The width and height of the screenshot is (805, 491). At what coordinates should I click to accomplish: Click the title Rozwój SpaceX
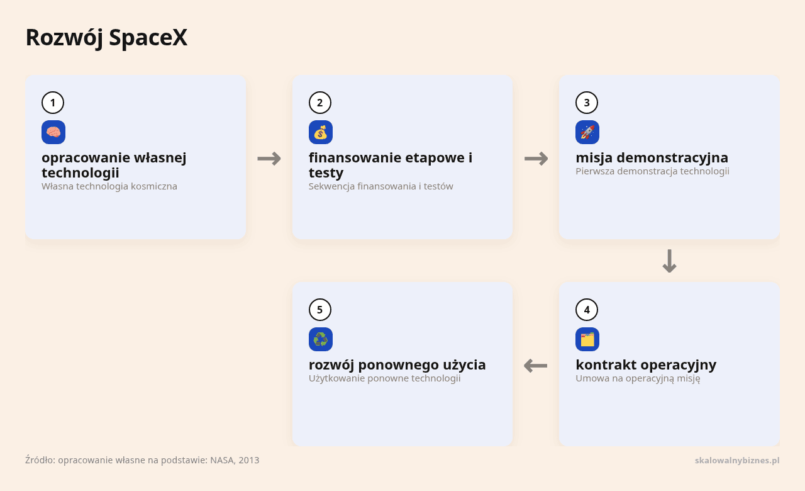106,38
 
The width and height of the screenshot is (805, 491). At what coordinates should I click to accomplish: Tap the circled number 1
53,103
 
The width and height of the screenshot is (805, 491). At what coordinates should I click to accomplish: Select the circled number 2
320,103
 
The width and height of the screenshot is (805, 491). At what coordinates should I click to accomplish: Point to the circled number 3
587,103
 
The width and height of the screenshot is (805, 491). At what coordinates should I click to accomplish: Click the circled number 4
587,310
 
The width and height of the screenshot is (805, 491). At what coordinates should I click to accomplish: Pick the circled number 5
320,310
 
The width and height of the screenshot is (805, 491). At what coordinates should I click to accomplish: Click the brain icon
53,132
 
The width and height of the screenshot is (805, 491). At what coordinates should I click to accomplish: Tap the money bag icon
321,132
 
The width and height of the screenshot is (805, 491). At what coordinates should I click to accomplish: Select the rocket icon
587,132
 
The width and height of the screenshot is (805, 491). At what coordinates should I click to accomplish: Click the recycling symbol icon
321,339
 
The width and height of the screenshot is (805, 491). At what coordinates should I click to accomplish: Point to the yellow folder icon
587,339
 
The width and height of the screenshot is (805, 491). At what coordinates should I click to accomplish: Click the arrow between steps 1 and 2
269,159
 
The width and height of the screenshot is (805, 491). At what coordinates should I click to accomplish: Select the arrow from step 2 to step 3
536,159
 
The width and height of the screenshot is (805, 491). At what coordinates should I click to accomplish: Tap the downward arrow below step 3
669,261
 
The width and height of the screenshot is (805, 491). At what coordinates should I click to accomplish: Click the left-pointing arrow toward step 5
535,366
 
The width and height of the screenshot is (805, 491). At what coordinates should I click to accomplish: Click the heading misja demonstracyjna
652,157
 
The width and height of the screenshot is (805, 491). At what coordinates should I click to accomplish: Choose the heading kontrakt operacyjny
646,364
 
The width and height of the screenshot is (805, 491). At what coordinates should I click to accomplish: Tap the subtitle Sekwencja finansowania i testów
381,186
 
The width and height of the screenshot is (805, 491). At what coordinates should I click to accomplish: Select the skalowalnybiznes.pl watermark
737,460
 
